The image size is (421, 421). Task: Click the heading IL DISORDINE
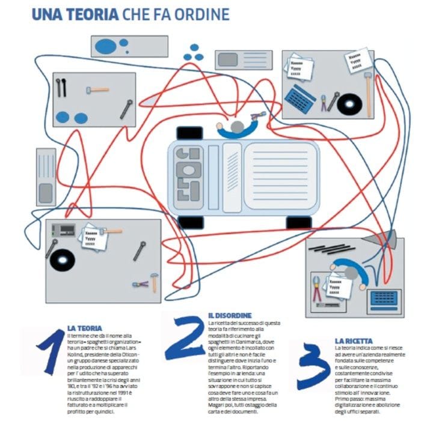coord(230,315)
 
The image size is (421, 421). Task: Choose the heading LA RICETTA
coord(354,341)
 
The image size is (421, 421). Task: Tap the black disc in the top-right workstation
coord(349,103)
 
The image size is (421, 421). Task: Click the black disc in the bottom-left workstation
coord(63,259)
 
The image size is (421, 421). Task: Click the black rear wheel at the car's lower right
coord(299,222)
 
